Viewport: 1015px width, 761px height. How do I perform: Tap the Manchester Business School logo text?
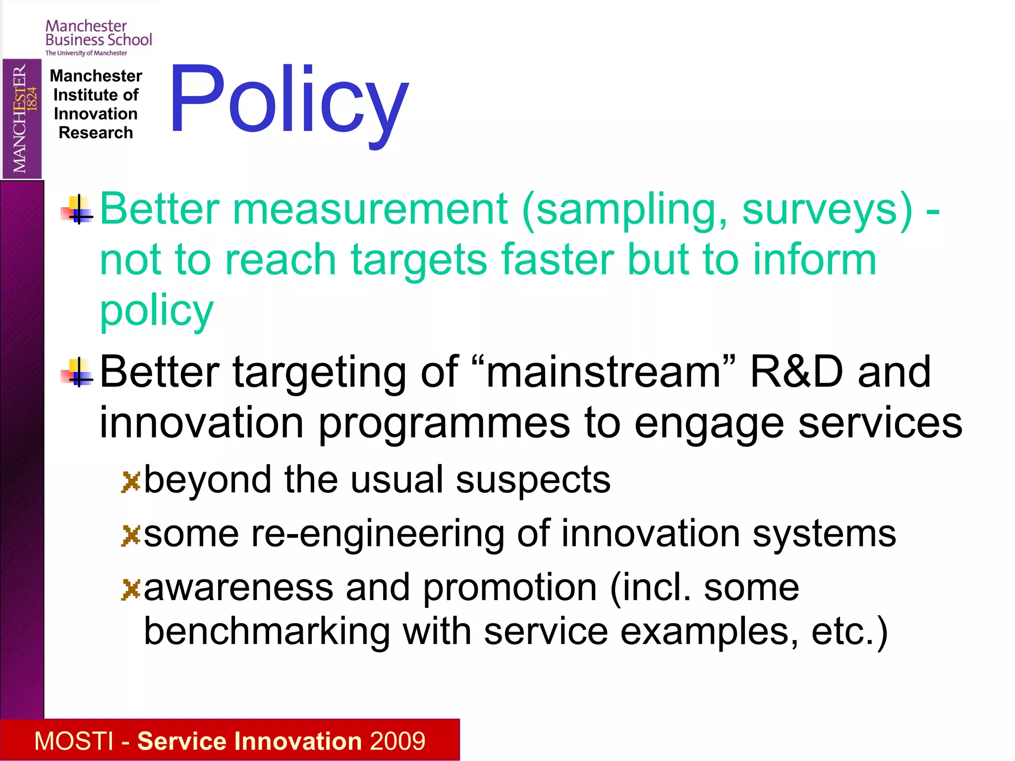[98, 34]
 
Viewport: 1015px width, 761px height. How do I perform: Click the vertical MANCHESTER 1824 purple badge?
[22, 119]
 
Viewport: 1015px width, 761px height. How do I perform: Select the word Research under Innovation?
[96, 133]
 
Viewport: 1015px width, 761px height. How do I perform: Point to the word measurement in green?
[370, 209]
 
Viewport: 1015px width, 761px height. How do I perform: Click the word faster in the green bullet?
[557, 260]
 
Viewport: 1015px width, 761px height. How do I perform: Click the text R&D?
[796, 373]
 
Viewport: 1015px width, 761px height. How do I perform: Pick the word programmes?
[444, 423]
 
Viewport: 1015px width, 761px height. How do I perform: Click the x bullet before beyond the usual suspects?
[131, 482]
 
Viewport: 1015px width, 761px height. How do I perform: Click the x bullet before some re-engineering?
[131, 535]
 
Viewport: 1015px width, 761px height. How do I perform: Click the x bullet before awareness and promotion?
[131, 589]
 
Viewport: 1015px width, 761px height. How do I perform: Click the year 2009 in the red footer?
[397, 741]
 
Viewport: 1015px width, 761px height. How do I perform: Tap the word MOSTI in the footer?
[74, 741]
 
